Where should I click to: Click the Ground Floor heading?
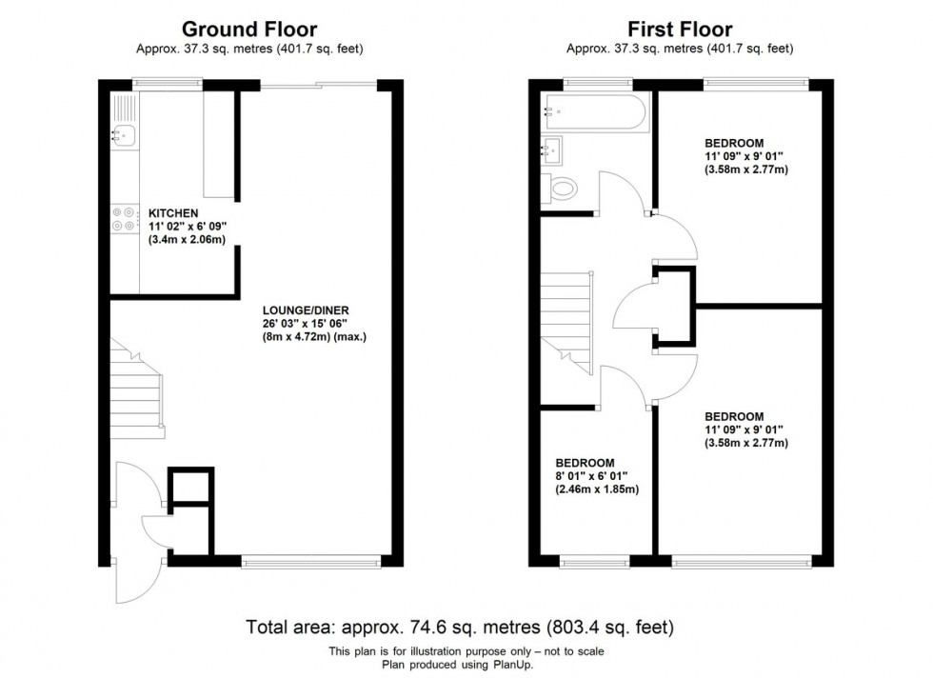(249, 30)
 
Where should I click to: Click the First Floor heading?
(680, 30)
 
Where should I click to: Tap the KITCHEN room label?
(173, 213)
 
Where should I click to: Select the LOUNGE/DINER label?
(306, 310)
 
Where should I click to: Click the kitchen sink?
(124, 135)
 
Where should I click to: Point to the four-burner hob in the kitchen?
(124, 218)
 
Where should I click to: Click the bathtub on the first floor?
(595, 111)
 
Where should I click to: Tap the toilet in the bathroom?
(560, 189)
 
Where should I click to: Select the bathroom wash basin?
(551, 151)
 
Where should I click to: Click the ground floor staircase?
(136, 389)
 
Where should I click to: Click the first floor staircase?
(566, 323)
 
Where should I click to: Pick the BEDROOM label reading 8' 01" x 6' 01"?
(585, 463)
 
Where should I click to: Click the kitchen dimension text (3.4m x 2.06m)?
(187, 240)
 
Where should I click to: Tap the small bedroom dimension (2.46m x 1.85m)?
(597, 489)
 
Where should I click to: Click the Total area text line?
(460, 627)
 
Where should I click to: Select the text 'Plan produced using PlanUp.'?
(458, 665)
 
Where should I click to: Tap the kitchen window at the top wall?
(168, 84)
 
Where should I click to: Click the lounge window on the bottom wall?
(310, 561)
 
